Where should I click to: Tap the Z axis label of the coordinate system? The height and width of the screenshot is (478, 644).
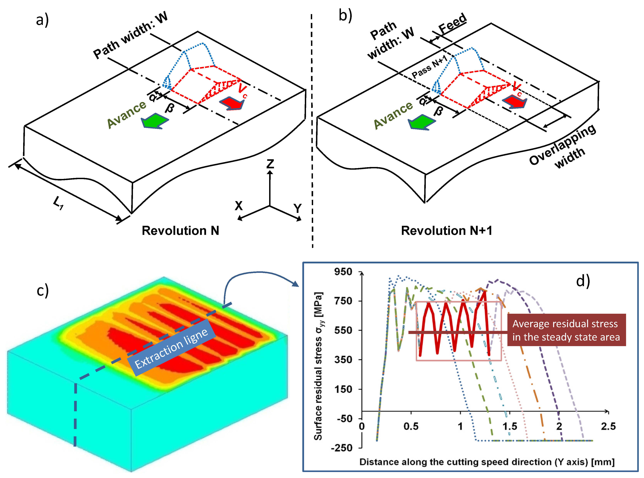click(x=270, y=164)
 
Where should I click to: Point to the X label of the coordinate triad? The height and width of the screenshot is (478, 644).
click(x=238, y=206)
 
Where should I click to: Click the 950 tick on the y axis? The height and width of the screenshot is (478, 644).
click(x=343, y=272)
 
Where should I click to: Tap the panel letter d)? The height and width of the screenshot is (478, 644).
click(x=583, y=281)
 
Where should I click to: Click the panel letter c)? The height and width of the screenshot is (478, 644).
click(x=43, y=291)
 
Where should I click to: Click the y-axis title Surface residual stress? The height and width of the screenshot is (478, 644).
click(x=318, y=366)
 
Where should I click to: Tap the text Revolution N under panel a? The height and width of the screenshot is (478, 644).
click(x=180, y=231)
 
